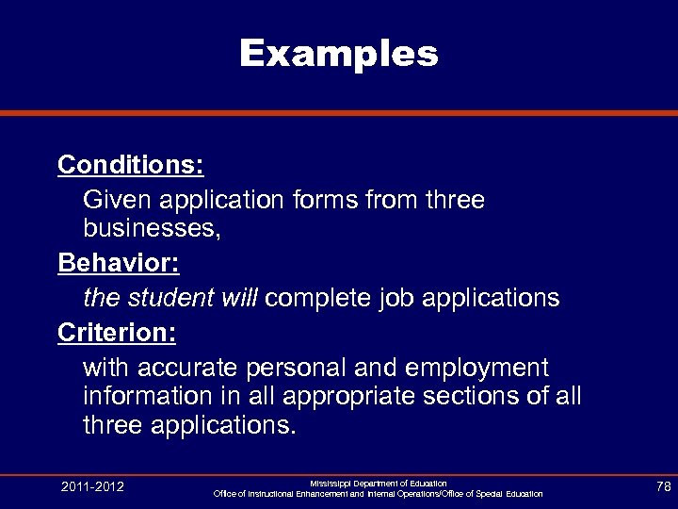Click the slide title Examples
(339, 54)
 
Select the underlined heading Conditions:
(131, 165)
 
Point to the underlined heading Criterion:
(118, 333)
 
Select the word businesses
(151, 229)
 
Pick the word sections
(477, 396)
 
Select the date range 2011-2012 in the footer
(92, 487)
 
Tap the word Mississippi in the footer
(331, 483)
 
